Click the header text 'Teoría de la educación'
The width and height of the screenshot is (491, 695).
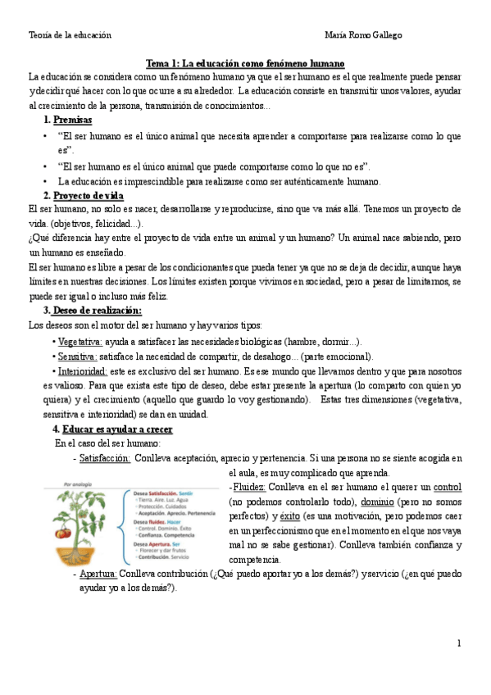click(70, 35)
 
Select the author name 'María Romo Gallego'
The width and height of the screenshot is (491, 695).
click(363, 35)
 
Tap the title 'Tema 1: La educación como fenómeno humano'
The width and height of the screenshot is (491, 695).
click(244, 63)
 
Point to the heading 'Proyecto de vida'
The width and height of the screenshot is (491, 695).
click(88, 195)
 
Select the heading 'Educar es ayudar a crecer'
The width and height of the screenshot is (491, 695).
click(117, 429)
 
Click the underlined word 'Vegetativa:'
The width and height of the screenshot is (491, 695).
click(80, 341)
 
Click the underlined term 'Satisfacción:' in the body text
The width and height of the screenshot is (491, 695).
click(105, 458)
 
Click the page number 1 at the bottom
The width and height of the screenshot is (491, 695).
click(460, 644)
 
